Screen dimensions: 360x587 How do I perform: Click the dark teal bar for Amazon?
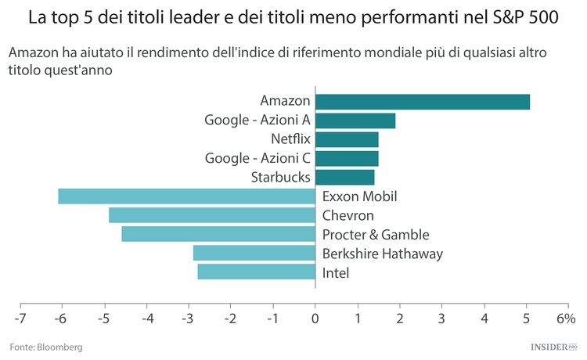[x=423, y=102]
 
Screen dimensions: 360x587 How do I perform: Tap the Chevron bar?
[x=211, y=215]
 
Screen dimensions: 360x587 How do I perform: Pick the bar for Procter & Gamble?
[x=218, y=234]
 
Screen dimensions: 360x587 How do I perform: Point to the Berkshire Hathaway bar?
[x=254, y=253]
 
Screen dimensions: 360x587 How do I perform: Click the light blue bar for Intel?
[x=256, y=272]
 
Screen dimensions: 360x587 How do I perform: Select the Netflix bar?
[x=347, y=139]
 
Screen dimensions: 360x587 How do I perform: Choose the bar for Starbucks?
[x=344, y=177]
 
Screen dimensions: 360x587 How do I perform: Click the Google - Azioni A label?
[x=257, y=121]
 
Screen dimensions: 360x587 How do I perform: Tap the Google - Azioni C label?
[x=257, y=158]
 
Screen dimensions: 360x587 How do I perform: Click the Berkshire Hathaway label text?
[x=383, y=254]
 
